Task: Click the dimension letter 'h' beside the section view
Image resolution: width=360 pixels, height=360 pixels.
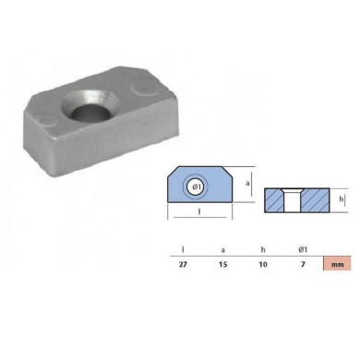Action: point(341,197)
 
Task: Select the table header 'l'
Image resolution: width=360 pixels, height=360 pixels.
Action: point(183,247)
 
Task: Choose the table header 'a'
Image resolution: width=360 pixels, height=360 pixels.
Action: point(224,247)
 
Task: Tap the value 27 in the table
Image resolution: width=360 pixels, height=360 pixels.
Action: point(183,264)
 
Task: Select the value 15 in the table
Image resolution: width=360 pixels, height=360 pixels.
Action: point(224,264)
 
